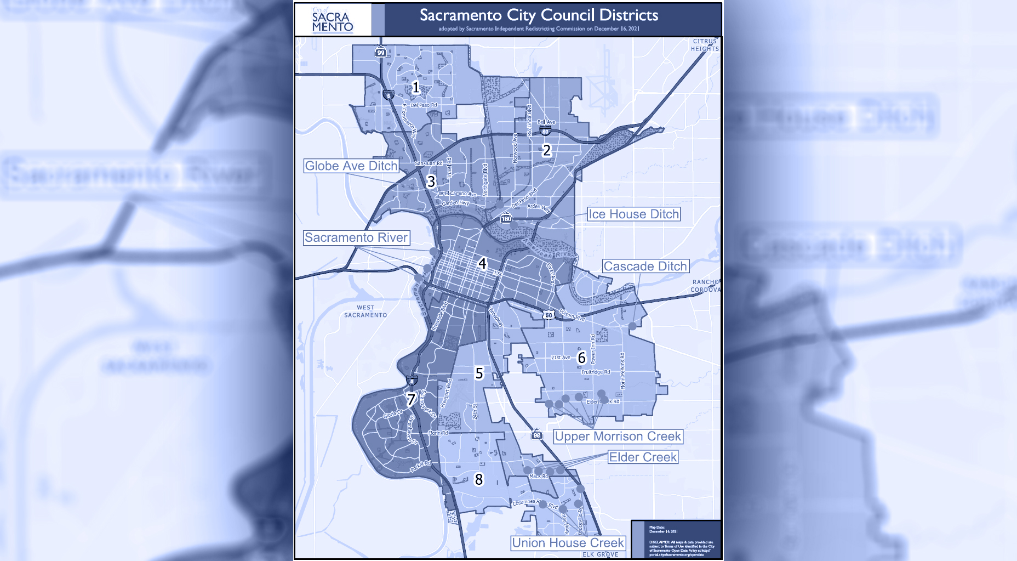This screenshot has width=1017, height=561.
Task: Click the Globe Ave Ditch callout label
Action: pyautogui.click(x=351, y=166)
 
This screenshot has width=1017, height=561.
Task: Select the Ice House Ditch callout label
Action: pyautogui.click(x=633, y=214)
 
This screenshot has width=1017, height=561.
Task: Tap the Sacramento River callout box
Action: pyautogui.click(x=356, y=237)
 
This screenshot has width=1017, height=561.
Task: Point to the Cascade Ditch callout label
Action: pyautogui.click(x=645, y=267)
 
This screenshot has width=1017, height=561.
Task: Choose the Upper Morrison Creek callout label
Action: pyautogui.click(x=618, y=437)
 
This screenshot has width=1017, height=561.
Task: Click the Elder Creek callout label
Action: pyautogui.click(x=643, y=457)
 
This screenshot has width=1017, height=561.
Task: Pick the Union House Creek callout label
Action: pyautogui.click(x=568, y=543)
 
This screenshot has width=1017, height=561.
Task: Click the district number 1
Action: pyautogui.click(x=416, y=87)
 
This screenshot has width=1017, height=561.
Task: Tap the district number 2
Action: pyautogui.click(x=546, y=150)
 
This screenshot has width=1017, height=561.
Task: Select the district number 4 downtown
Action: pyautogui.click(x=482, y=264)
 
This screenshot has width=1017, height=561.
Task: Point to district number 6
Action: pyautogui.click(x=582, y=358)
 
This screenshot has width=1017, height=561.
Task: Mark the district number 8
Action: pyautogui.click(x=479, y=480)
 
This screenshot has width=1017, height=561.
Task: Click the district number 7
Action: pyautogui.click(x=411, y=399)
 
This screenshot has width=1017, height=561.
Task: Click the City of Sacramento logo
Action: pyautogui.click(x=333, y=20)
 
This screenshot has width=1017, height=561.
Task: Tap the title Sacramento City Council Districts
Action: pyautogui.click(x=539, y=15)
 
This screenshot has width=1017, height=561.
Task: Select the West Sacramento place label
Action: pyautogui.click(x=365, y=311)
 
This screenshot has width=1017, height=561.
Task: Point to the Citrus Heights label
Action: pyautogui.click(x=705, y=45)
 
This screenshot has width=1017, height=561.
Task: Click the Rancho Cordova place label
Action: pyautogui.click(x=705, y=286)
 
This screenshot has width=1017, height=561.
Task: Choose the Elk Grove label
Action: pyautogui.click(x=600, y=554)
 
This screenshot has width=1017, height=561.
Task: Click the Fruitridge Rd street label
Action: pyautogui.click(x=596, y=372)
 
